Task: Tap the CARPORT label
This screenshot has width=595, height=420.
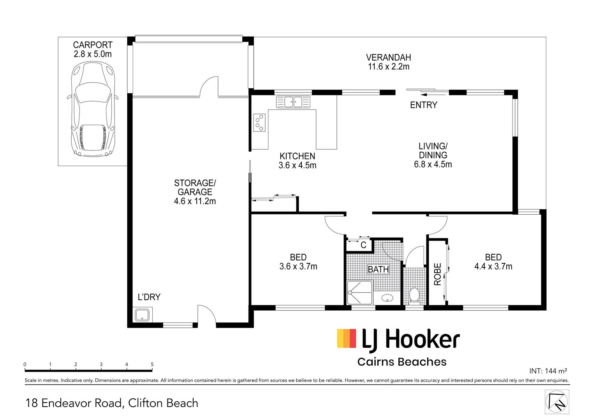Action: [93, 45]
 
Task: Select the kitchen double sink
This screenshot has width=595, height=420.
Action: [293, 102]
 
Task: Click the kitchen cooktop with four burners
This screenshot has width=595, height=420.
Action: [259, 122]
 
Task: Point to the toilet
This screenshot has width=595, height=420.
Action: [414, 295]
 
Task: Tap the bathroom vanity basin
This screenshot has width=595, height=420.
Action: [387, 298]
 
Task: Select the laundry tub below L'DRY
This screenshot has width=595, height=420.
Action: [143, 314]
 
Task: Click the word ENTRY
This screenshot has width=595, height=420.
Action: [423, 105]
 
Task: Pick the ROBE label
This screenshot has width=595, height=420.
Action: [437, 274]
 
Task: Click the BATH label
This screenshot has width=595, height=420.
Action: [378, 269]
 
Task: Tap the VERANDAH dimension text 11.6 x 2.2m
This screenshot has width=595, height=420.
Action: [389, 66]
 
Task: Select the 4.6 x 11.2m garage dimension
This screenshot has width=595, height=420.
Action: [195, 201]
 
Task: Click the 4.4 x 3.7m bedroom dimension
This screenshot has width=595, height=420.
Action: [493, 266]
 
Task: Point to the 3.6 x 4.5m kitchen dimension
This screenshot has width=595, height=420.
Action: [297, 165]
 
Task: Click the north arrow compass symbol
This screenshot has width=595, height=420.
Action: [557, 402]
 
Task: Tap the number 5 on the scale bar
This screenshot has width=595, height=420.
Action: [152, 364]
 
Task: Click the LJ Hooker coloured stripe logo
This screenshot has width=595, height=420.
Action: [346, 338]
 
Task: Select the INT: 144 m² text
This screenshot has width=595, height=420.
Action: [548, 371]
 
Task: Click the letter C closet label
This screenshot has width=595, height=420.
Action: [363, 245]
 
